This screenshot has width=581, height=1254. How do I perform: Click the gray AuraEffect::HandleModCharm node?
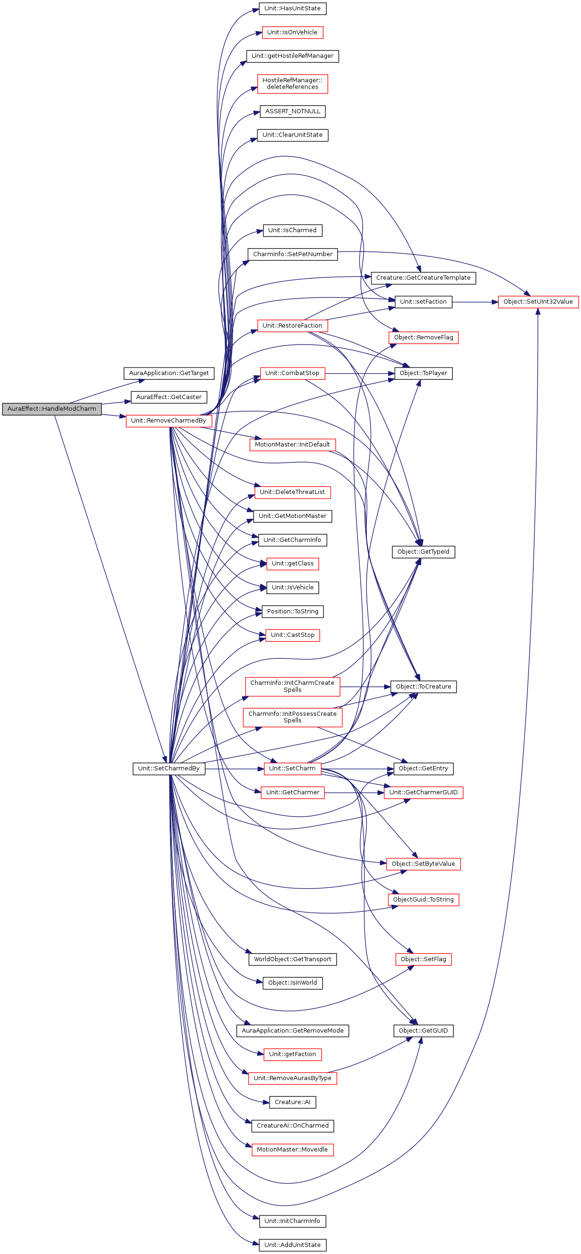coord(52,409)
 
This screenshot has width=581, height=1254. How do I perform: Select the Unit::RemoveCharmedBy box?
coord(168,421)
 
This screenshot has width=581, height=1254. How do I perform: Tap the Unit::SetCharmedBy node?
coord(168,768)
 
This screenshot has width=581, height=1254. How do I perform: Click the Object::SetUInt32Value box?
coord(538,302)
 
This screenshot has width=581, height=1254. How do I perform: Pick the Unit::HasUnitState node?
coord(292,9)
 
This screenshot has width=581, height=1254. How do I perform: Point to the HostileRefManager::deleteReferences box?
coord(292,84)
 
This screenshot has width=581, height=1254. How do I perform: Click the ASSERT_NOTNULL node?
coord(292,111)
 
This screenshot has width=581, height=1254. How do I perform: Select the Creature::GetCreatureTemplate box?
coord(423,278)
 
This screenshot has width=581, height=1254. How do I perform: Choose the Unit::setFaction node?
coord(423,302)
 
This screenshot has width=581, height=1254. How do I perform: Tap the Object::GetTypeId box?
coord(423,552)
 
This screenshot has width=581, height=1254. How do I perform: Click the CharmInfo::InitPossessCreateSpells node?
coord(292,717)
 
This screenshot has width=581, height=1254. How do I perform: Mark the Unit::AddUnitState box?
coord(292,1245)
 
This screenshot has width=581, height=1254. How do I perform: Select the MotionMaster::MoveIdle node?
coord(292,1149)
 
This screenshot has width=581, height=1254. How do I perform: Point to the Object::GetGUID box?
coord(423,1031)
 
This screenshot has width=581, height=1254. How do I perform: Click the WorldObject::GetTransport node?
coord(292,959)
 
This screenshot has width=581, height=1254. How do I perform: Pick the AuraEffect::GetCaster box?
coord(168,397)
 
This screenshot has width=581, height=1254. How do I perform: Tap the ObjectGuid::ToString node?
coord(423,900)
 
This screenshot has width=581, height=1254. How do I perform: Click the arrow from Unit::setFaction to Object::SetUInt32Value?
coord(475,302)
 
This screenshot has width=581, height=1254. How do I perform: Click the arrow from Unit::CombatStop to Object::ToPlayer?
coord(360,373)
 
